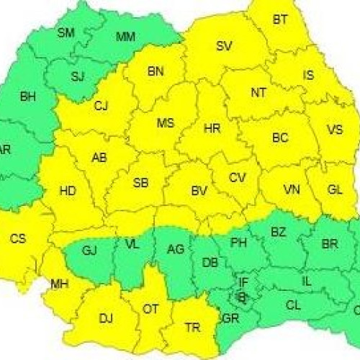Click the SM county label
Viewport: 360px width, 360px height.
click(66, 32)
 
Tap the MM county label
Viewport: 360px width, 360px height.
click(125, 36)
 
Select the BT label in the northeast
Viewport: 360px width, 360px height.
click(280, 20)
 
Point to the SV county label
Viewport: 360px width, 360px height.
click(224, 46)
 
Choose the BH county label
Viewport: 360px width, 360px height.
click(27, 96)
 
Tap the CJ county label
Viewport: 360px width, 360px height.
click(101, 107)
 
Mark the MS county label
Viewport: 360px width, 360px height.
click(166, 123)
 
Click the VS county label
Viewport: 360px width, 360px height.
click(335, 130)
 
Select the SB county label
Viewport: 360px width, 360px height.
click(141, 182)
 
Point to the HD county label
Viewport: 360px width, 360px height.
click(68, 191)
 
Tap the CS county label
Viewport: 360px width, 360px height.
click(17, 238)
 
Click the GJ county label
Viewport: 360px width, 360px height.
click(89, 250)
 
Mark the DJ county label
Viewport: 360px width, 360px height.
click(106, 317)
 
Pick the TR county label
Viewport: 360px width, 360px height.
click(192, 328)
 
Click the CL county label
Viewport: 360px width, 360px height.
click(293, 305)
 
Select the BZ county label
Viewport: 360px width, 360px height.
click(278, 231)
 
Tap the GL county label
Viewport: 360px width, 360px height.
click(335, 190)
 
